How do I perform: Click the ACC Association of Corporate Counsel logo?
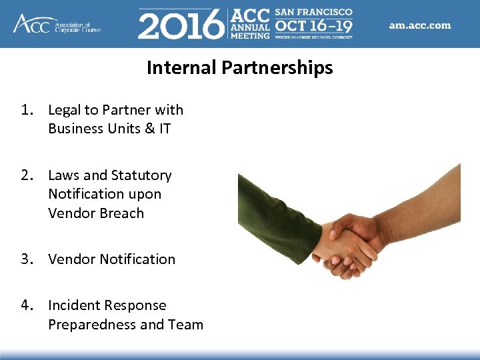pyautogui.click(x=56, y=24)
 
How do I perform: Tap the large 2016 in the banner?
pyautogui.click(x=181, y=25)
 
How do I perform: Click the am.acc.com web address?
pyautogui.click(x=419, y=25)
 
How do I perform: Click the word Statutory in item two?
pyautogui.click(x=141, y=175)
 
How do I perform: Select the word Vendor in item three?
pyautogui.click(x=71, y=259)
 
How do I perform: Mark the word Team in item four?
pyautogui.click(x=186, y=325)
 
